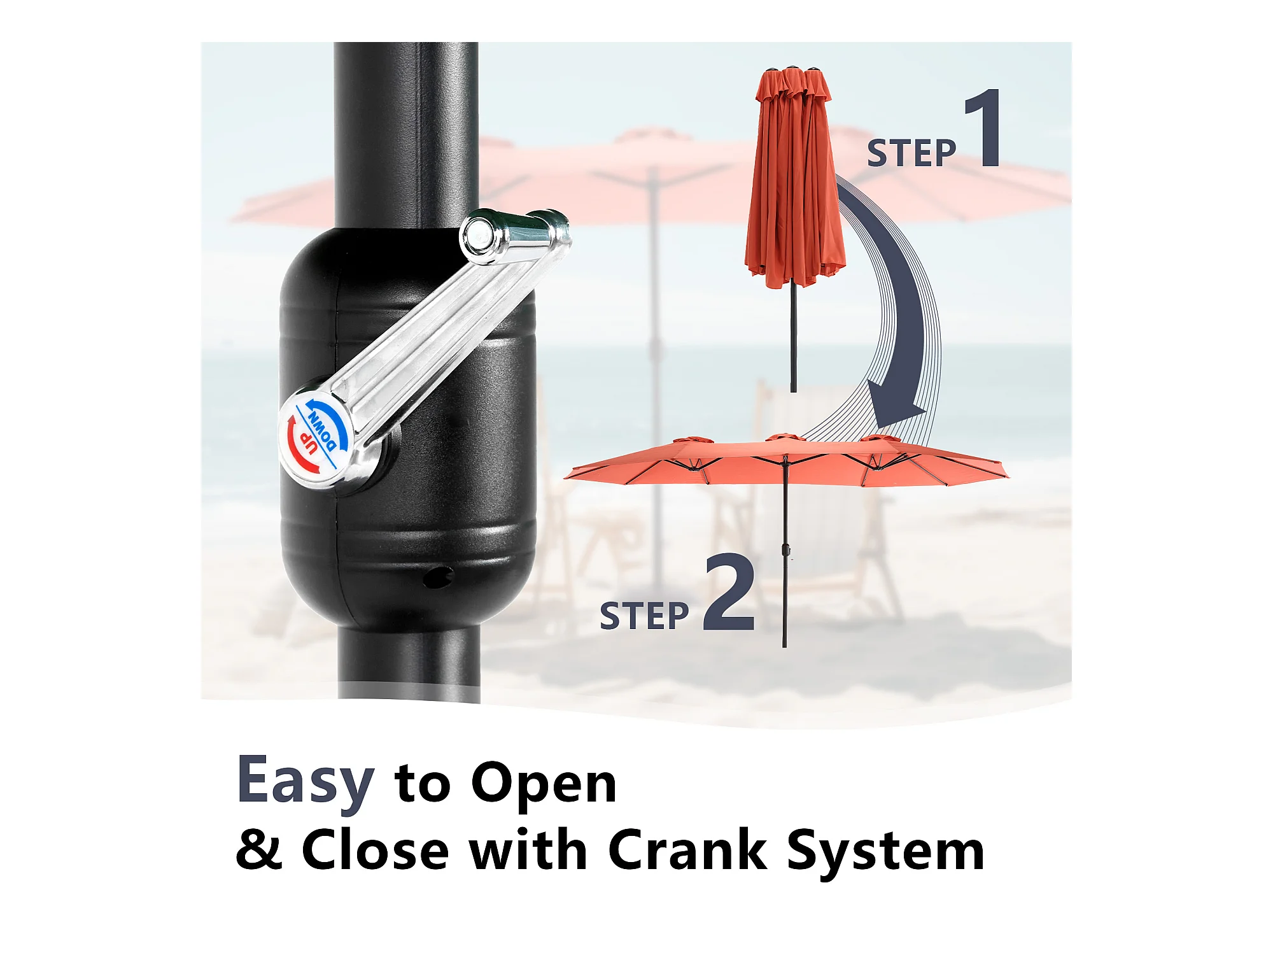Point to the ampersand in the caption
(x=258, y=849)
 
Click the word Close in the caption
(x=376, y=849)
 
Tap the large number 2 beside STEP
(x=729, y=592)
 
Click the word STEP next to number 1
(x=911, y=153)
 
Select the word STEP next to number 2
(x=644, y=616)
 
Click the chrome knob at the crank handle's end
(x=516, y=236)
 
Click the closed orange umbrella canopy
(x=795, y=178)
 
